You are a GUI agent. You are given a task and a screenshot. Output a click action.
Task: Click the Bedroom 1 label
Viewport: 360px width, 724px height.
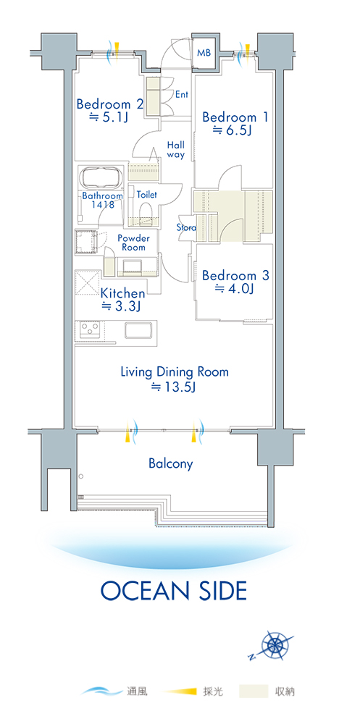tap(235, 117)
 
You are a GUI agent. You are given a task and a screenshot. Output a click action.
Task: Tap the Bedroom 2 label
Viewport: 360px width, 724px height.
tap(110, 104)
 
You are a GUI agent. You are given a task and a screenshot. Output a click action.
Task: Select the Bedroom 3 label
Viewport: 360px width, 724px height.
tap(235, 276)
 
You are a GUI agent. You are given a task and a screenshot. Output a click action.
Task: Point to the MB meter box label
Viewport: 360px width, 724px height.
tap(204, 53)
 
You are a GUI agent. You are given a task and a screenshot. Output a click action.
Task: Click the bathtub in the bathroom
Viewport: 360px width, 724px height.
tap(102, 177)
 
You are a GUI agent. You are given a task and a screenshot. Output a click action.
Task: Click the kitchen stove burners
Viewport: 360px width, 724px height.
tap(91, 329)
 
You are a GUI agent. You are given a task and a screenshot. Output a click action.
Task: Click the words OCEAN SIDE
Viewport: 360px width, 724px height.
tap(174, 591)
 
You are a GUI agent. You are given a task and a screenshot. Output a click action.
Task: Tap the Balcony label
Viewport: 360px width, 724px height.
tap(170, 463)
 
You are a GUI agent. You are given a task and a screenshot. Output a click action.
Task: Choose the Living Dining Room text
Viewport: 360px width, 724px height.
tap(175, 371)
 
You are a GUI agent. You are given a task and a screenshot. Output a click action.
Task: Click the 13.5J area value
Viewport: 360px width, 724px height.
tap(174, 387)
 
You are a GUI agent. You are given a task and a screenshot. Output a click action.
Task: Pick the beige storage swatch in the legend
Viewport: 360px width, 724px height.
tap(254, 691)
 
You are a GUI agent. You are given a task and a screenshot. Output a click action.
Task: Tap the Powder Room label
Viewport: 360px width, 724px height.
tap(133, 243)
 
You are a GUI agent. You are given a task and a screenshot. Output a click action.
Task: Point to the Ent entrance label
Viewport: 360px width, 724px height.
tap(182, 94)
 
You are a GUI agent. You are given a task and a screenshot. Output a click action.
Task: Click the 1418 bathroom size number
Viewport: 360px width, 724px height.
tap(103, 205)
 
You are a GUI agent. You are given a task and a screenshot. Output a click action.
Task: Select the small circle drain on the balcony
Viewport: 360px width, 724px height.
tap(80, 476)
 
